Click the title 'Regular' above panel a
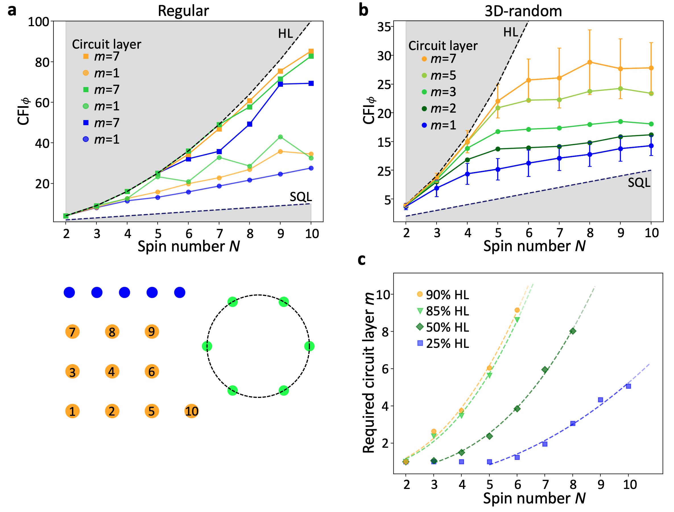pyautogui.click(x=183, y=11)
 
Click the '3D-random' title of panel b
pyautogui.click(x=523, y=11)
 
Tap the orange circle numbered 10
pyautogui.click(x=191, y=411)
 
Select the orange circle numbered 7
pyautogui.click(x=72, y=332)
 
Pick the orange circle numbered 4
pyautogui.click(x=112, y=371)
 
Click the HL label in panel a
pyautogui.click(x=285, y=34)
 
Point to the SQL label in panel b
pyautogui.click(x=639, y=183)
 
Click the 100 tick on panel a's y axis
pyautogui.click(x=38, y=22)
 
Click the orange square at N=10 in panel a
pyautogui.click(x=311, y=51)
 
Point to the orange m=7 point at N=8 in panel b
pyautogui.click(x=590, y=62)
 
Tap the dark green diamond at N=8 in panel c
pyautogui.click(x=572, y=331)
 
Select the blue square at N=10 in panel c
pyautogui.click(x=628, y=386)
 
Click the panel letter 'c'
pyautogui.click(x=361, y=259)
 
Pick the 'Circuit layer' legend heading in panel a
pyautogui.click(x=106, y=44)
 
